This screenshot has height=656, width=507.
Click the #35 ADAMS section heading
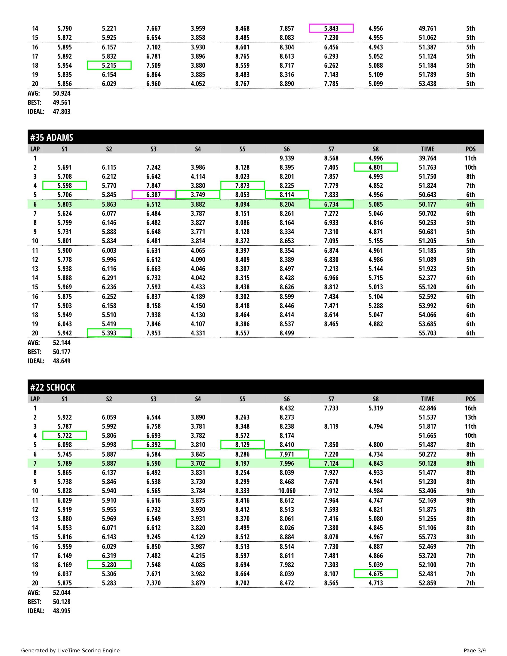(x=52, y=137)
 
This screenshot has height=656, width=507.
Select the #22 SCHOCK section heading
(x=53, y=387)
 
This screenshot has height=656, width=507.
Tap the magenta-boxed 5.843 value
(x=331, y=28)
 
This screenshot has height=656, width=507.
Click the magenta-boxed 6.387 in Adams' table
(x=153, y=195)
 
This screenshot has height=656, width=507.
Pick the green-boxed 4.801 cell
(x=376, y=167)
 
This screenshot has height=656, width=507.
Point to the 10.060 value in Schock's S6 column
(x=287, y=491)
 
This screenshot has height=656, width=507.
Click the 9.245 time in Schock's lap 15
(x=153, y=537)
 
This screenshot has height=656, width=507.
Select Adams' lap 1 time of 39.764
(x=427, y=158)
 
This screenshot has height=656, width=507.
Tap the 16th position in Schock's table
(x=470, y=408)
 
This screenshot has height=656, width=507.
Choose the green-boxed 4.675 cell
(x=376, y=574)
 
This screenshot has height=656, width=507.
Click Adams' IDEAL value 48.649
(x=62, y=361)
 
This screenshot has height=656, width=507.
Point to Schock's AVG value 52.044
(x=62, y=593)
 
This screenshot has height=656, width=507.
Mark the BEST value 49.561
(x=62, y=102)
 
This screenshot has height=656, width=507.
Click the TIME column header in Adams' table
(x=427, y=149)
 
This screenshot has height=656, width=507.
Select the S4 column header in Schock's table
(x=198, y=399)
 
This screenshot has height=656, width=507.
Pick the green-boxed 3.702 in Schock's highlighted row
(x=198, y=463)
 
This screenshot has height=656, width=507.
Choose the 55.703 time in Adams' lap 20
(x=427, y=333)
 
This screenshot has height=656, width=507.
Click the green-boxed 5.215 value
(x=109, y=65)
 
